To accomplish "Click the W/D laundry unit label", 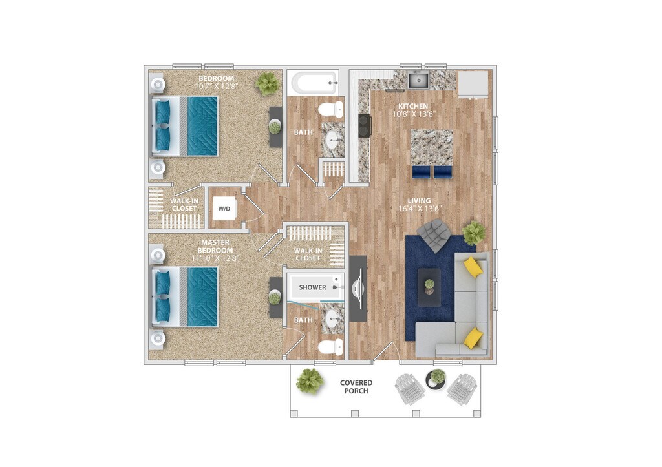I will pyautogui.click(x=224, y=209).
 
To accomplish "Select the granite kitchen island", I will pyautogui.click(x=432, y=147).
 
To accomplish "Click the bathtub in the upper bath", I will pyautogui.click(x=314, y=83).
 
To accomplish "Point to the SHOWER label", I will pyautogui.click(x=312, y=287).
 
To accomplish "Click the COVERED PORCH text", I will pyautogui.click(x=356, y=387).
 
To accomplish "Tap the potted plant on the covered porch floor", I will pyautogui.click(x=310, y=380).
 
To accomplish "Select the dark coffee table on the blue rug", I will pyautogui.click(x=429, y=287).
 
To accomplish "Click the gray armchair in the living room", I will pyautogui.click(x=434, y=234).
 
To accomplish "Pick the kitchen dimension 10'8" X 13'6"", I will pyautogui.click(x=414, y=114).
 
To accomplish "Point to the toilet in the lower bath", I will pyautogui.click(x=330, y=348).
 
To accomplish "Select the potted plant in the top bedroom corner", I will pyautogui.click(x=267, y=83).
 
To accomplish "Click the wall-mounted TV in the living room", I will pyautogui.click(x=358, y=289).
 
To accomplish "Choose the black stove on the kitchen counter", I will pyautogui.click(x=365, y=125).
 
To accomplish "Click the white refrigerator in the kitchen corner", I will pyautogui.click(x=473, y=83).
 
